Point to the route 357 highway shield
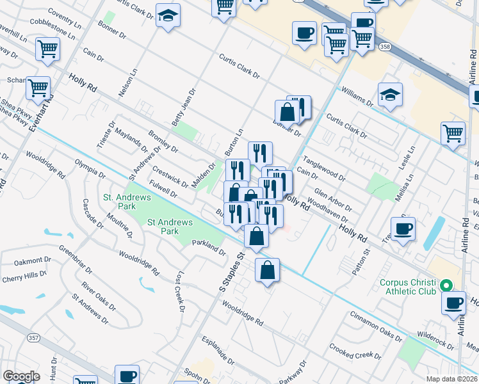[32, 337]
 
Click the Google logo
[21, 376]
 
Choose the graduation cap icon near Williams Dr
[390, 95]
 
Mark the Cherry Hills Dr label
[24, 276]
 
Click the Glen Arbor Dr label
[333, 202]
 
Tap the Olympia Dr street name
[90, 169]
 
